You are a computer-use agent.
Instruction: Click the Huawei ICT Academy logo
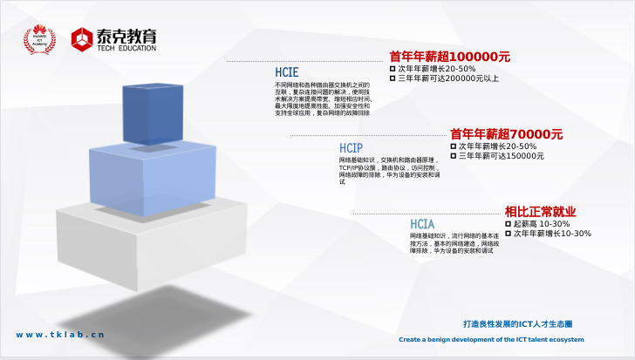38,38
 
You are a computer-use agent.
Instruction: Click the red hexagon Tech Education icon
82,38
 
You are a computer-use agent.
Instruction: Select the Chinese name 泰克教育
127,35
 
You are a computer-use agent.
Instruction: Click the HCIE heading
289,72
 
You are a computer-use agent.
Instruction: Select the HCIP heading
352,148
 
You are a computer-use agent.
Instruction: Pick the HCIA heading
423,224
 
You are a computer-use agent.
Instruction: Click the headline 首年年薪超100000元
449,57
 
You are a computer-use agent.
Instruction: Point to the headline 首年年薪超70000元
506,134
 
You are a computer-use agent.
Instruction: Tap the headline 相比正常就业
540,212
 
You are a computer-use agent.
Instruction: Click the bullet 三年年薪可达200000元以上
448,78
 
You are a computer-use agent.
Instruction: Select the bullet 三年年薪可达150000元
502,156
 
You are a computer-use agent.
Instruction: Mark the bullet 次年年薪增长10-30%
552,234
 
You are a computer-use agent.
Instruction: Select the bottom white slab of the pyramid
140,248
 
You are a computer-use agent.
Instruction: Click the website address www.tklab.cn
60,334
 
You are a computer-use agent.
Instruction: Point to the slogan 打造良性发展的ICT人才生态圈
517,323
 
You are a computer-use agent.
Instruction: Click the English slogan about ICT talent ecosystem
491,340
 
